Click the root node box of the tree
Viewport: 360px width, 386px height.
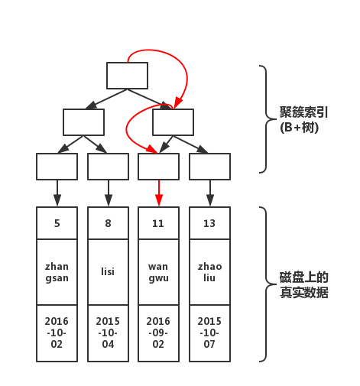127,75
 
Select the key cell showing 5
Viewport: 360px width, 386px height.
57,224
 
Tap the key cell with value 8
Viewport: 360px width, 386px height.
108,224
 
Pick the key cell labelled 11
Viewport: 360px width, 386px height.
158,224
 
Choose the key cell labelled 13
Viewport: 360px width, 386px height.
209,224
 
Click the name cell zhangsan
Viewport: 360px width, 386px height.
57,271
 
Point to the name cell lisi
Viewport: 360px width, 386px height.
108,271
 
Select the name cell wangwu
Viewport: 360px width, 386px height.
158,271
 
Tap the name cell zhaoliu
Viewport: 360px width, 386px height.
209,271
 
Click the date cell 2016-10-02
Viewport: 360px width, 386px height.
57,332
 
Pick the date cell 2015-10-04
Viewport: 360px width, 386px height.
108,332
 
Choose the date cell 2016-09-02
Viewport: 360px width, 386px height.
158,332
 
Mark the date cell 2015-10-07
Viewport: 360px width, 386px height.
209,332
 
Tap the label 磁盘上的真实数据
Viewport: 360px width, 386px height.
304,284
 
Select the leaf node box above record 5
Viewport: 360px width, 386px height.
57,167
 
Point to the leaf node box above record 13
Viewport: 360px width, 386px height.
209,167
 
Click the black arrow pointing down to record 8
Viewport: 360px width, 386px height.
108,193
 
